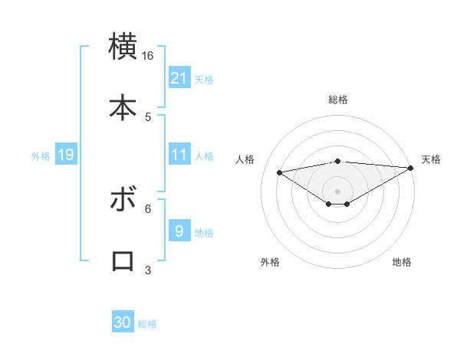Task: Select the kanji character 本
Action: coord(123,107)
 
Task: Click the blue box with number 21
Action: coord(179,77)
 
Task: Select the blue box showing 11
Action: coord(179,155)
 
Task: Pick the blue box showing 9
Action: coord(179,231)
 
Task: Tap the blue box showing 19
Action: coord(65,155)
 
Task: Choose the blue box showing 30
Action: coord(123,322)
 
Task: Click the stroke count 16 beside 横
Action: coord(148,56)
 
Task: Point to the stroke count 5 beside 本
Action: coord(148,116)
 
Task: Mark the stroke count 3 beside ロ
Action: coord(148,270)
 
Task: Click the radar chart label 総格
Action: coord(338,100)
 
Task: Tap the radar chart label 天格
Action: coord(431,159)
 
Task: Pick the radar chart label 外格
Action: coord(270,262)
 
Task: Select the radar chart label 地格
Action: coord(402,262)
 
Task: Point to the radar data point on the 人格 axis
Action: coord(279,172)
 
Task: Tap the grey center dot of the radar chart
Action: coord(338,191)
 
